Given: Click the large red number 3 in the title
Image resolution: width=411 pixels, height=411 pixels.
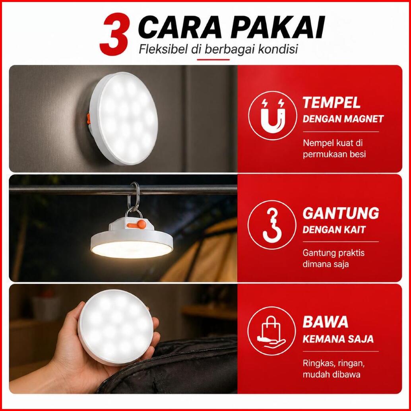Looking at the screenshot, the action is point(114,34).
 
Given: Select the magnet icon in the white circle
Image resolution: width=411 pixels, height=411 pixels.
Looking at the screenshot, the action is point(273,116).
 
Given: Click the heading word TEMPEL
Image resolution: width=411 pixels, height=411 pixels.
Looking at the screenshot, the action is point(332,103).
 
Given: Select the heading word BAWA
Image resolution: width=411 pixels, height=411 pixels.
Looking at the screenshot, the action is point(325,322).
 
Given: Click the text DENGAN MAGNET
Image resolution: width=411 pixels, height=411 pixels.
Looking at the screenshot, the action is point(343,119).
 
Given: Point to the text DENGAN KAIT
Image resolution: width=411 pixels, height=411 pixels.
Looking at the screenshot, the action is point(333,230).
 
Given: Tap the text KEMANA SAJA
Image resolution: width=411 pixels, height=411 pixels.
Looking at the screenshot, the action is point(338,339).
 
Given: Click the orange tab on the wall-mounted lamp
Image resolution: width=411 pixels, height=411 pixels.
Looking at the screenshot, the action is point(89,119).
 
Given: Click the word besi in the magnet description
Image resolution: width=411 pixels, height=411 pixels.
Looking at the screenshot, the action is point(357,154).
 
